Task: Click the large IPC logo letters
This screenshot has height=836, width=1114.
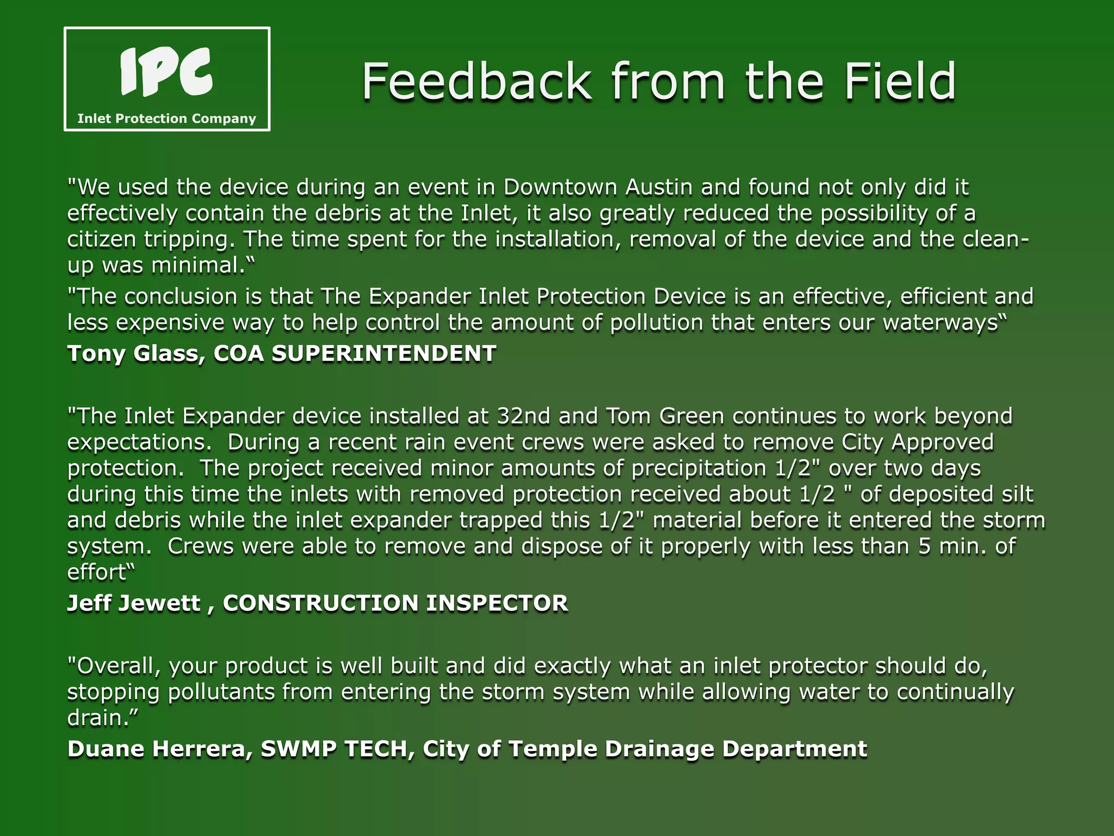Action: coord(166,71)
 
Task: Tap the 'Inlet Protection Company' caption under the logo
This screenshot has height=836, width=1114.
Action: coord(166,119)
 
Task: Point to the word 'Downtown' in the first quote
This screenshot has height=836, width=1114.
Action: coord(560,187)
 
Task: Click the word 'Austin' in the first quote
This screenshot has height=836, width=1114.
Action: coord(659,187)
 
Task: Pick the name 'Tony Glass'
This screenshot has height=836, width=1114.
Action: coord(135,354)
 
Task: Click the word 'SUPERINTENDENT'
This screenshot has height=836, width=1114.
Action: coord(384,354)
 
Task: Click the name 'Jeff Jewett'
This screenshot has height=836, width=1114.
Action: coord(133,603)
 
